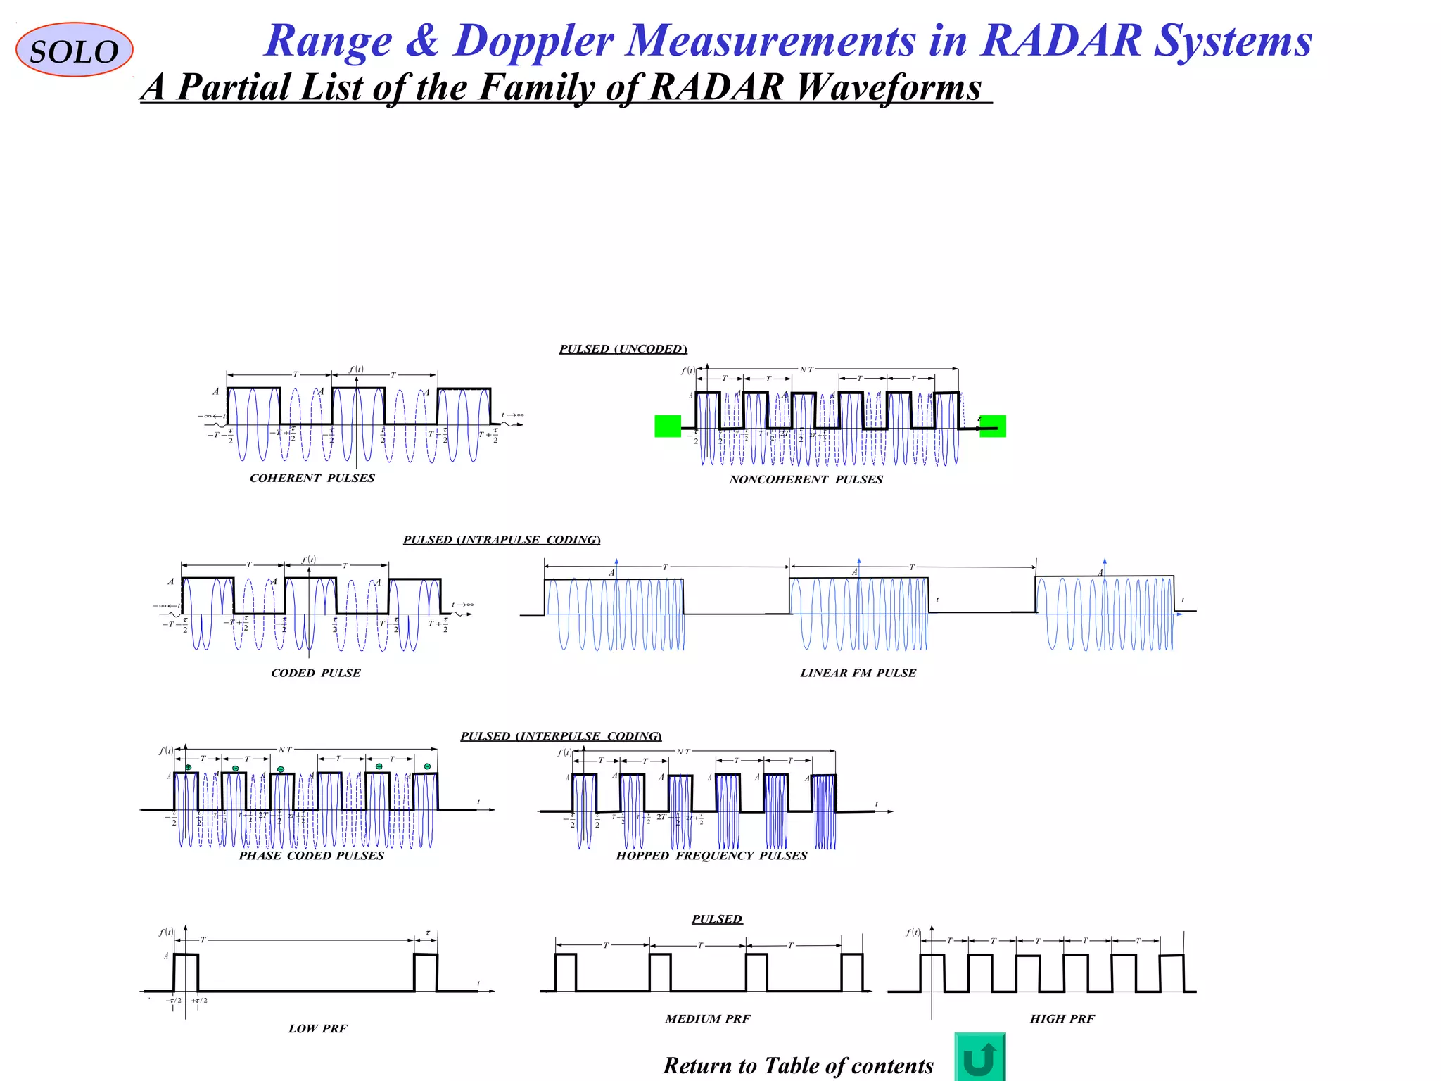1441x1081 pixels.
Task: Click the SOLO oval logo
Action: [x=74, y=50]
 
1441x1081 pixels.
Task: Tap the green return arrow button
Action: [x=979, y=1057]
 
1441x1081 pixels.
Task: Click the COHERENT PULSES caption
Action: [x=312, y=479]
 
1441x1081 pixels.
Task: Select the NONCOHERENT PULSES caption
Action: [x=806, y=480]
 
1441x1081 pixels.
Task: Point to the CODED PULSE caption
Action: [x=316, y=674]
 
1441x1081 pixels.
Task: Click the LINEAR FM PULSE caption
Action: [x=858, y=674]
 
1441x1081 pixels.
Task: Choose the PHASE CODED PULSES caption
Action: [x=311, y=856]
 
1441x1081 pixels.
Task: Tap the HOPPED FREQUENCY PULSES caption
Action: [x=711, y=856]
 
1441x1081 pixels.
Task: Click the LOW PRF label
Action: [x=318, y=1029]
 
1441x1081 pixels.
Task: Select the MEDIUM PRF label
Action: [x=708, y=1019]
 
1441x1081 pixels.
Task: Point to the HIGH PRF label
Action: [x=1062, y=1019]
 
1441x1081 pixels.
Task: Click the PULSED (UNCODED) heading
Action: [x=623, y=349]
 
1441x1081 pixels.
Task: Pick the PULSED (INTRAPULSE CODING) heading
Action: [x=502, y=540]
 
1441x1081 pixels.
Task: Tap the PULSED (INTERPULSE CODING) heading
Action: [x=561, y=736]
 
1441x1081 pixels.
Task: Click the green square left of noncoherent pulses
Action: [x=668, y=426]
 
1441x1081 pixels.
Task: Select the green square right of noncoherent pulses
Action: [x=993, y=426]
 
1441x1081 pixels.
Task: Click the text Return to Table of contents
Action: [x=798, y=1066]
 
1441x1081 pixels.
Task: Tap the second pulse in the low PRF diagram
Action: [x=426, y=973]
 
